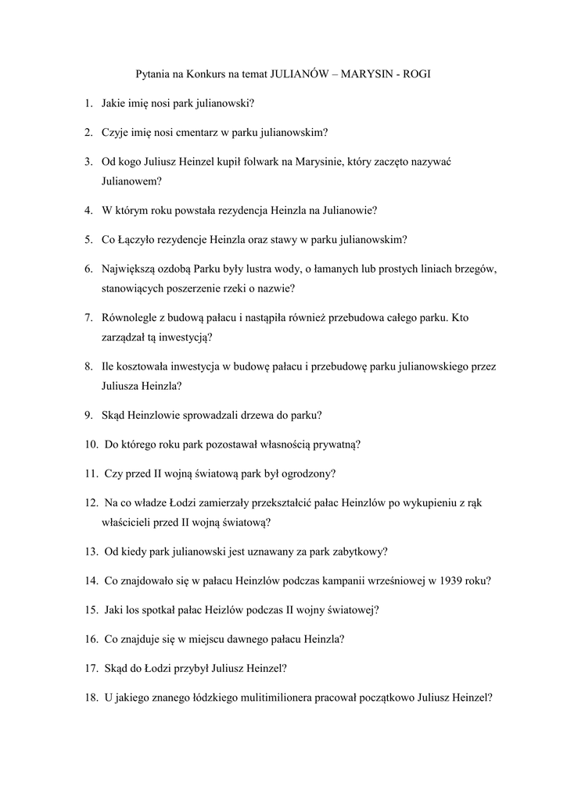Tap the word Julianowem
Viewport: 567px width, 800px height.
click(131, 180)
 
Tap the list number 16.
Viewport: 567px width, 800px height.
click(91, 639)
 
